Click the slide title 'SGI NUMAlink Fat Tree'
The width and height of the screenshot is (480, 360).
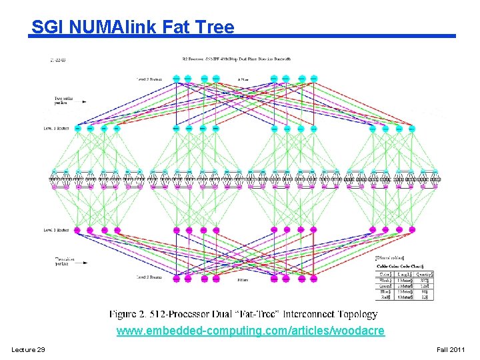click(x=133, y=27)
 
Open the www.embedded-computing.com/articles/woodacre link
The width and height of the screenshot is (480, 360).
click(x=250, y=331)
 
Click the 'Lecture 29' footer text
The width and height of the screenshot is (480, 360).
click(x=28, y=350)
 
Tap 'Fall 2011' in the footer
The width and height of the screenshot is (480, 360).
click(x=451, y=350)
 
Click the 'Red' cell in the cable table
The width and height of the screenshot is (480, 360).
click(x=385, y=296)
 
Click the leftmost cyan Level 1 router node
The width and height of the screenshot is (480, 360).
click(x=77, y=128)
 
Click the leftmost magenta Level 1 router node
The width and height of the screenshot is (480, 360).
click(x=77, y=230)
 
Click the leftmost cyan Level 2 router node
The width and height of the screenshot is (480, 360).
click(x=176, y=78)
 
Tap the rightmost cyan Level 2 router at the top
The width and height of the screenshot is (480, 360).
click(x=313, y=78)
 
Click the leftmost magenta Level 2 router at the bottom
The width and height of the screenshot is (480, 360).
click(x=176, y=278)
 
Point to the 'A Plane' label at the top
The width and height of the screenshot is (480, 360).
click(x=244, y=79)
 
